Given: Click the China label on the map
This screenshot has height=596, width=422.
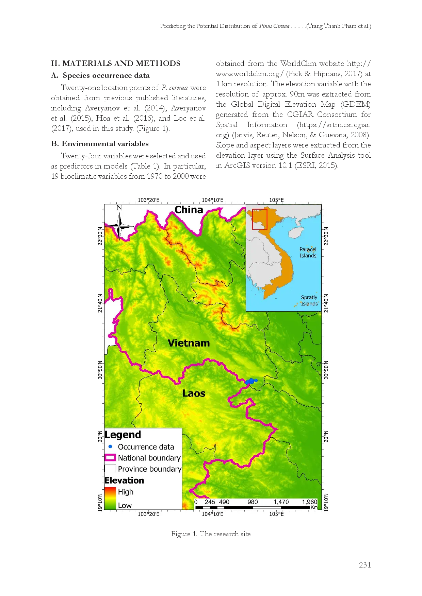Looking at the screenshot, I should pyautogui.click(x=189, y=210).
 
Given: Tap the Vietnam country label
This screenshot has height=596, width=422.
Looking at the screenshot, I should pyautogui.click(x=189, y=343).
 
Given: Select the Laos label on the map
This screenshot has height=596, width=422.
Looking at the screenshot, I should pyautogui.click(x=194, y=393).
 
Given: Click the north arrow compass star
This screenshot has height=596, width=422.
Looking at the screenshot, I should pyautogui.click(x=119, y=226).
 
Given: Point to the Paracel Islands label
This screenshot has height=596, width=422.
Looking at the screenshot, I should pyautogui.click(x=308, y=252).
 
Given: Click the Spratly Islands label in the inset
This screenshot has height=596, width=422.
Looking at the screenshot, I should pyautogui.click(x=309, y=300).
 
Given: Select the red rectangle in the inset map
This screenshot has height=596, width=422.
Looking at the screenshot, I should pyautogui.click(x=260, y=219).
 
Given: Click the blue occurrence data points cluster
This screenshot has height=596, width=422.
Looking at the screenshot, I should pyautogui.click(x=251, y=381).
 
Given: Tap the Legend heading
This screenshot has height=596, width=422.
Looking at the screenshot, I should pyautogui.click(x=123, y=435).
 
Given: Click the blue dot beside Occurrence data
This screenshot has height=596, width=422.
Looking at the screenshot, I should pyautogui.click(x=110, y=446).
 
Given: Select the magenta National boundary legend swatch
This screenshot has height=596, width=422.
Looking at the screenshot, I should pyautogui.click(x=110, y=458).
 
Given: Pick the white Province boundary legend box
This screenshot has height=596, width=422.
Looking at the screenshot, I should pyautogui.click(x=110, y=469).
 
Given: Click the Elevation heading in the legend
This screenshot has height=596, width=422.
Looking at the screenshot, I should pyautogui.click(x=124, y=480).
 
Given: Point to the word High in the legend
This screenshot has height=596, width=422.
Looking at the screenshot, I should pyautogui.click(x=126, y=492).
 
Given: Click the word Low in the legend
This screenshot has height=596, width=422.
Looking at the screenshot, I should pyautogui.click(x=125, y=505).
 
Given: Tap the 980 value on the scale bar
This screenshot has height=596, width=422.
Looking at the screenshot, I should pyautogui.click(x=253, y=502).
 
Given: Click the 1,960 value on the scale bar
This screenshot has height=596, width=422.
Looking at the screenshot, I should pyautogui.click(x=309, y=502).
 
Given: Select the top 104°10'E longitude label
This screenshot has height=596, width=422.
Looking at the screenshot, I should pyautogui.click(x=212, y=200).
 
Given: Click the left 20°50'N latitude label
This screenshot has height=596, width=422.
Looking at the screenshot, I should pyautogui.click(x=100, y=370).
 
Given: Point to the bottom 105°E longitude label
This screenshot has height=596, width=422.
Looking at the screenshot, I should pyautogui.click(x=276, y=514).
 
